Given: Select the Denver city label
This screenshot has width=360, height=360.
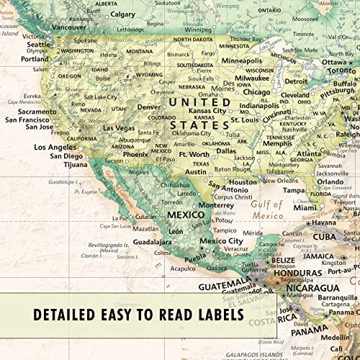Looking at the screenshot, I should pos(148,107).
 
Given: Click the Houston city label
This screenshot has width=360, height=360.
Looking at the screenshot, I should pos(242,182).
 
